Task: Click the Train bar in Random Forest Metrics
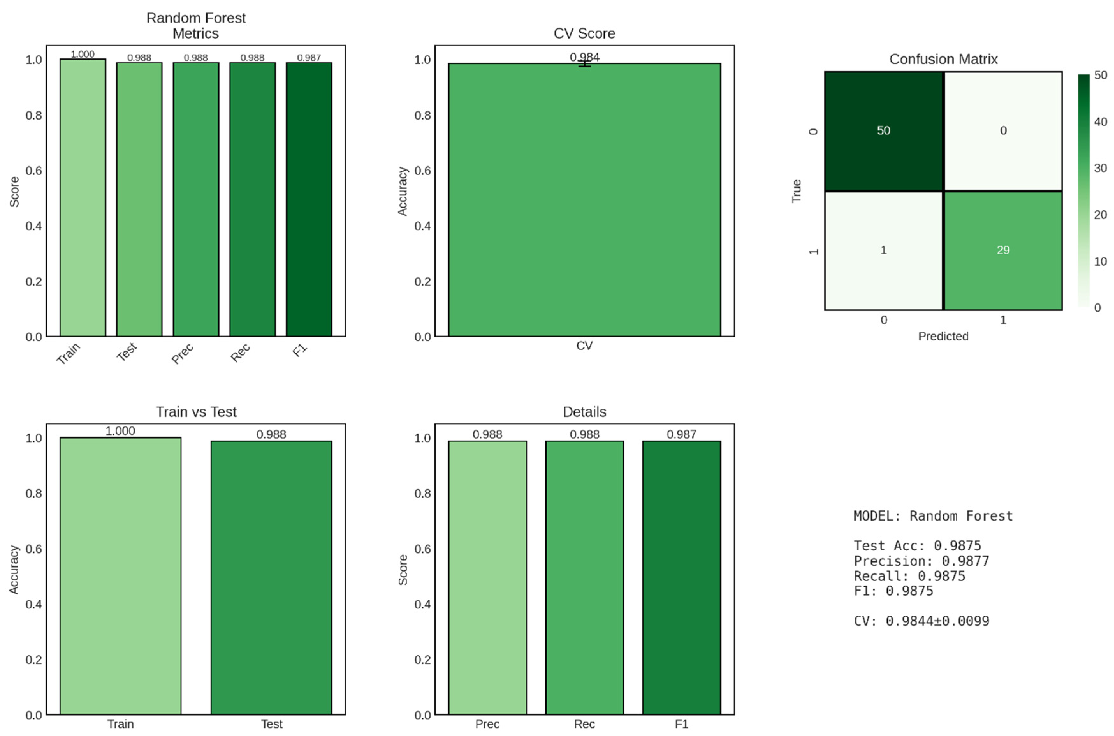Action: pos(83,197)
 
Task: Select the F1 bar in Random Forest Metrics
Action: pos(309,200)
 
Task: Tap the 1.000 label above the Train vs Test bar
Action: pos(120,431)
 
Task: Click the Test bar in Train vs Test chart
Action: pos(271,577)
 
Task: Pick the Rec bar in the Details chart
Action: pos(584,577)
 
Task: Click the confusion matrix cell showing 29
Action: pos(1003,250)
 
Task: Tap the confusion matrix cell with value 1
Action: pos(884,250)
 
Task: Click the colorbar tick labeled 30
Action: pos(1100,168)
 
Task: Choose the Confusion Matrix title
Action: pos(943,59)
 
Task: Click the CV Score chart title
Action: pos(584,33)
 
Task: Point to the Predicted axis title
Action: pos(943,336)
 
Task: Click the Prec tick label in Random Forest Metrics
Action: pos(182,353)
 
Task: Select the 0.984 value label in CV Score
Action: pos(584,57)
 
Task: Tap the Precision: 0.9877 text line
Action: pos(921,561)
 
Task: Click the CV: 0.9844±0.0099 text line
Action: pos(921,621)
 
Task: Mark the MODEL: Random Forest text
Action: pos(933,516)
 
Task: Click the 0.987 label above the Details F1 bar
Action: pos(681,434)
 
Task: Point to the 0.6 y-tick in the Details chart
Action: pos(422,549)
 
